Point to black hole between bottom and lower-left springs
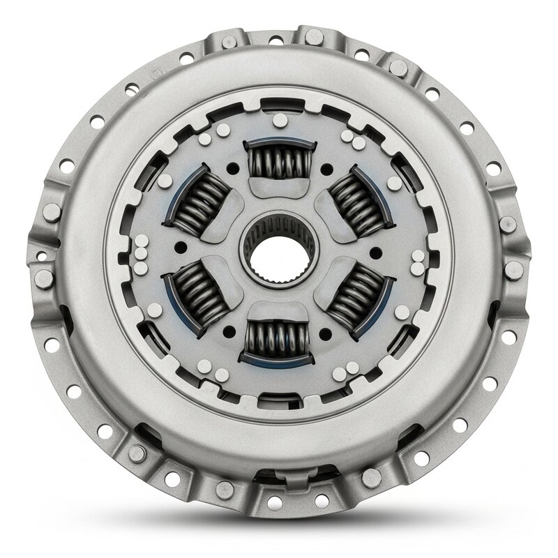click(x=229, y=331)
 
